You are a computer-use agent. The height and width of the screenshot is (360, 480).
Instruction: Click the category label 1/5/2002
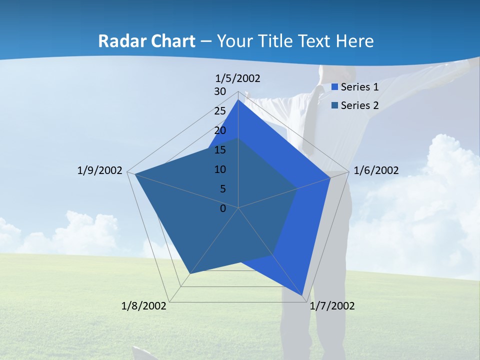(x=238, y=78)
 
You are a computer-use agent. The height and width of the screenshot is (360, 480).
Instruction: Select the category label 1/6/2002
(x=376, y=170)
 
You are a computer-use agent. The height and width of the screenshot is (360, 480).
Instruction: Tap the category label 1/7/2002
(x=332, y=306)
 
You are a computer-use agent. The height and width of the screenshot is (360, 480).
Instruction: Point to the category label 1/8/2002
(x=144, y=306)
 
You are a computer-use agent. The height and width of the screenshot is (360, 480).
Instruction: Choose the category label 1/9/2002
(x=99, y=170)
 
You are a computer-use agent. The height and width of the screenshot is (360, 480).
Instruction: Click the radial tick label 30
(x=220, y=91)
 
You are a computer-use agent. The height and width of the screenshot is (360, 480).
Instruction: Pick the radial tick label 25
(x=220, y=111)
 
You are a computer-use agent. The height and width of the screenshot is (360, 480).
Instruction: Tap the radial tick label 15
(x=220, y=150)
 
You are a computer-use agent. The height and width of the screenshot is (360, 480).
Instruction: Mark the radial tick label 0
(x=223, y=208)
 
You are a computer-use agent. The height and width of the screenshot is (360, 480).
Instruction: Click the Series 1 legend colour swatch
(x=334, y=87)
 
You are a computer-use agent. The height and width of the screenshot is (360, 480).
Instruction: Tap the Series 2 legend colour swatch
(x=334, y=105)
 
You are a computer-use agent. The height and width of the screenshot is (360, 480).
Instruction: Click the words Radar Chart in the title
(x=146, y=41)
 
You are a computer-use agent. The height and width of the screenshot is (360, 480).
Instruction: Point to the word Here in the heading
(x=354, y=41)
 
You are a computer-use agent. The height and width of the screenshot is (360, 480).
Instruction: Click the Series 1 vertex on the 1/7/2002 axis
(x=303, y=296)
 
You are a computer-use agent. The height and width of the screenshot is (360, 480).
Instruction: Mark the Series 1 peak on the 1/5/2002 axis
(x=238, y=100)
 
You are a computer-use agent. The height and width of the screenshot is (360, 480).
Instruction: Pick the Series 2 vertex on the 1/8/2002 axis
(x=190, y=273)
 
